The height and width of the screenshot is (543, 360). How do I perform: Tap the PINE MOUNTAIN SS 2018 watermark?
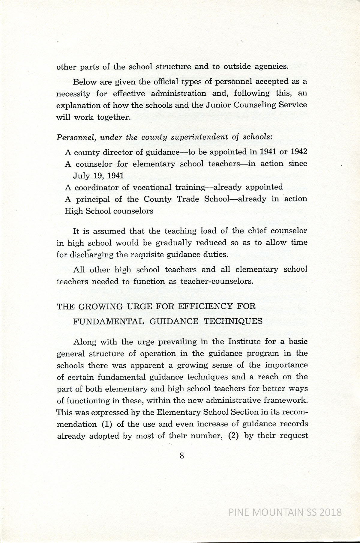tap(285, 512)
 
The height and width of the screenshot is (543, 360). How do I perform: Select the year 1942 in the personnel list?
tap(299, 152)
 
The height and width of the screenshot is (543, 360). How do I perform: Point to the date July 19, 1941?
tap(98, 176)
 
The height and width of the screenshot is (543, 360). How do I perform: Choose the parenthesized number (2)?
tap(233, 436)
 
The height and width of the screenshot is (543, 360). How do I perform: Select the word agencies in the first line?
tap(271, 67)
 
